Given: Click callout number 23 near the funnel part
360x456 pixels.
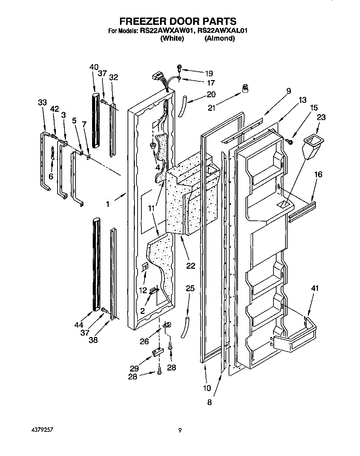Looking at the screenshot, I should [321, 117].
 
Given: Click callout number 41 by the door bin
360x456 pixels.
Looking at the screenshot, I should [314, 288].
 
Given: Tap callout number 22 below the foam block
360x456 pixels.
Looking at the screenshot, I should [190, 266].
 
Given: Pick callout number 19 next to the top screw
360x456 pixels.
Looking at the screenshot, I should [209, 73].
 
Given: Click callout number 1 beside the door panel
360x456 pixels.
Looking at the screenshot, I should [108, 204].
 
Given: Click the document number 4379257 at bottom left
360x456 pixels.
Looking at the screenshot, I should [42, 430].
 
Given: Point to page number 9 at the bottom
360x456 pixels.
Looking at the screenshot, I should [180, 430].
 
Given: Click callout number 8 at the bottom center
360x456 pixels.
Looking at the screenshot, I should [209, 402].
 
